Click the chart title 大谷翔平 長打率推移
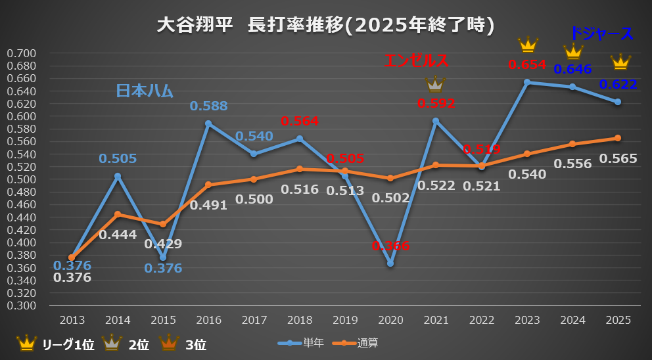(325, 25)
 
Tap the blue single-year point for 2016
(208, 124)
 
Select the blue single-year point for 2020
(390, 263)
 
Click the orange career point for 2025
(618, 138)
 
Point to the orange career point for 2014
(118, 214)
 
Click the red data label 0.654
(527, 64)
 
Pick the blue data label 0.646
(572, 68)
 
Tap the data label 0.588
(208, 106)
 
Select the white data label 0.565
(618, 158)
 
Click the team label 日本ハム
(144, 91)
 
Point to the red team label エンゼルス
(416, 61)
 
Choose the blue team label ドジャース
(601, 34)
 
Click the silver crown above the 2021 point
(434, 83)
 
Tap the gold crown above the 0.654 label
(528, 45)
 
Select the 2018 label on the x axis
(300, 320)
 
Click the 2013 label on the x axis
(72, 320)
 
